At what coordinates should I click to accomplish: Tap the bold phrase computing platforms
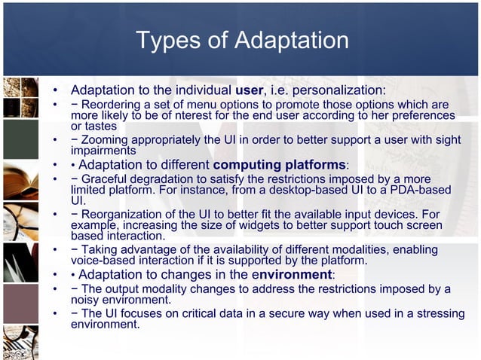[279, 164]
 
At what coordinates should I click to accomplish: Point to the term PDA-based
[418, 190]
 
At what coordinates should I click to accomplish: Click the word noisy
[86, 299]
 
